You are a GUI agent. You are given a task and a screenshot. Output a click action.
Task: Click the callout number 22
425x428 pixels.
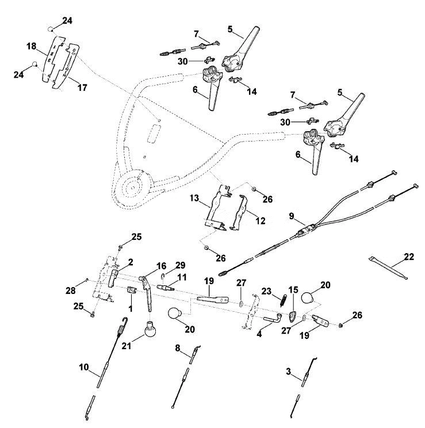pos(409,257)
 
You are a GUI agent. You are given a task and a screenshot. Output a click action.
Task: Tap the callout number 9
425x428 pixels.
pos(292,216)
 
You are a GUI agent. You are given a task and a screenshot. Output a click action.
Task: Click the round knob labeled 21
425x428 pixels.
pos(150,330)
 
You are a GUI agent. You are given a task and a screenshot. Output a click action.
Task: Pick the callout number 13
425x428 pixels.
pos(194,198)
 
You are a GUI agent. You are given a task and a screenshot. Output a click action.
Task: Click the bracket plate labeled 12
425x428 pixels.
pos(239,213)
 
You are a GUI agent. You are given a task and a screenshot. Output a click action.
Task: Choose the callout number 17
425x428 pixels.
pos(82,87)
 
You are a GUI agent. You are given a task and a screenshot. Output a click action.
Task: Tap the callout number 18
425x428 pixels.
pos(32,47)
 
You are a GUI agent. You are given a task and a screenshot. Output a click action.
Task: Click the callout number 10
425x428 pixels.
pos(84,367)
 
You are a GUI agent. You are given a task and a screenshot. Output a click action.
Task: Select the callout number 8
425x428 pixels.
pos(178,348)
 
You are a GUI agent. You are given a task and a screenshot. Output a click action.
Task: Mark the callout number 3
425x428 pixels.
pos(289,372)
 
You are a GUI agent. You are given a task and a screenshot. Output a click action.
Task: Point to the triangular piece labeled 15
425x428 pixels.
pos(293,316)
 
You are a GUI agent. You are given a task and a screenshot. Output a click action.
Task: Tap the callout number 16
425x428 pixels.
pos(162,266)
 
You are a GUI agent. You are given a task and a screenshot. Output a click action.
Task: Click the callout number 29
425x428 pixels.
pos(181,265)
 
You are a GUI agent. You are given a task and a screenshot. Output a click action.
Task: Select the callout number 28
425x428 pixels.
pos(70,290)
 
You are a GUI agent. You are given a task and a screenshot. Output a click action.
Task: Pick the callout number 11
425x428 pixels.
pos(182,277)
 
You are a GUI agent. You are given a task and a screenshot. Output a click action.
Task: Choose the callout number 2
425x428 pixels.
pos(131,262)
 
